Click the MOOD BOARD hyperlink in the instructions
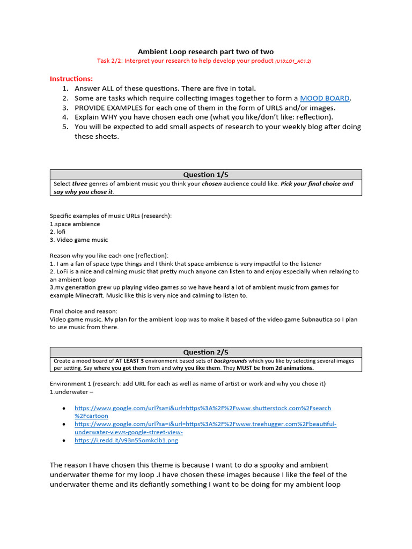[x=325, y=98]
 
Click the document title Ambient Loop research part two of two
[x=205, y=52]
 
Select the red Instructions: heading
[x=71, y=79]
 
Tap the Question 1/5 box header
[x=205, y=175]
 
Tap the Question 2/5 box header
[x=205, y=352]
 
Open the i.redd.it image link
[x=126, y=440]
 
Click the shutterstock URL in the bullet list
[x=203, y=408]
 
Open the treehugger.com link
[x=205, y=424]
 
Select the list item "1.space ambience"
[x=75, y=224]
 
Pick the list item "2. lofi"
[x=61, y=232]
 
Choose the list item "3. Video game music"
[x=79, y=240]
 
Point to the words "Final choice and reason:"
[x=84, y=311]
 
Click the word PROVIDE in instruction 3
[x=92, y=108]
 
